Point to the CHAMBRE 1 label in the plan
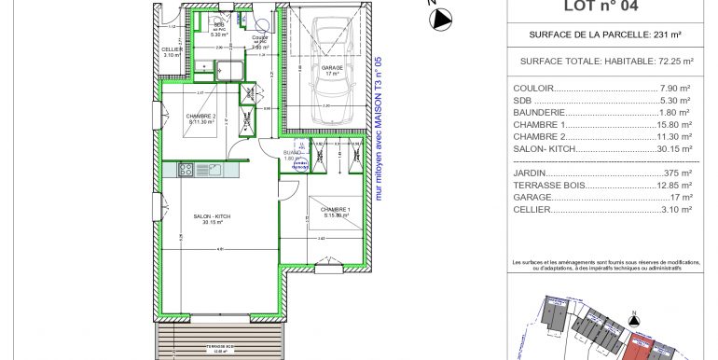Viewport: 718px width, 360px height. click(336, 212)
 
